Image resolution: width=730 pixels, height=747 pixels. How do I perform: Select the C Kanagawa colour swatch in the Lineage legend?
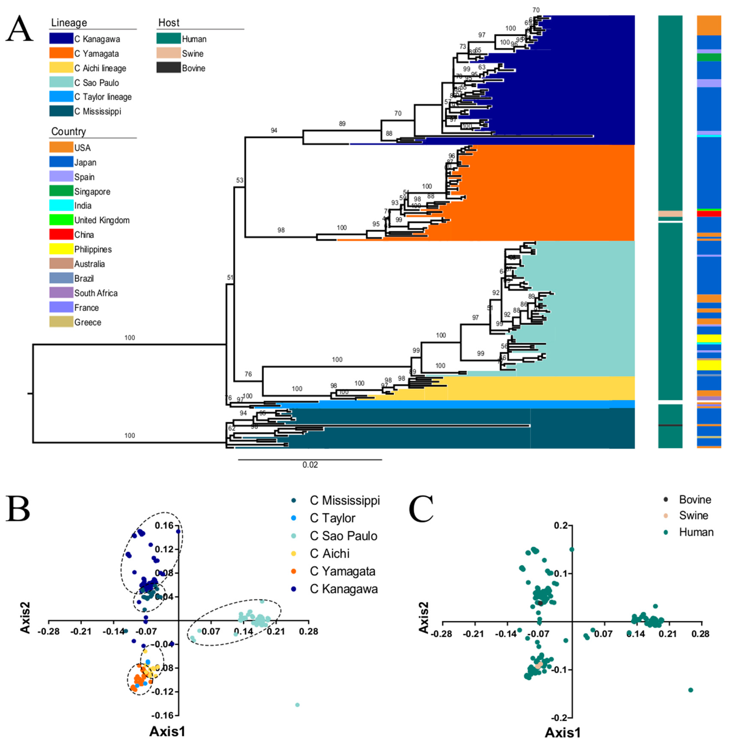click(61, 39)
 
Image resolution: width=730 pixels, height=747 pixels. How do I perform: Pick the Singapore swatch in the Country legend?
click(61, 191)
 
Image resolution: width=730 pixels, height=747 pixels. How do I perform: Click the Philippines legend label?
click(93, 250)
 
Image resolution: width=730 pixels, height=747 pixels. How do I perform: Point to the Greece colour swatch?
click(61, 322)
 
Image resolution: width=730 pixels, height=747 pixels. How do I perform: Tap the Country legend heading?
click(69, 131)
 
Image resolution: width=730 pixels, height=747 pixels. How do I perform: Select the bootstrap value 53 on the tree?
click(240, 180)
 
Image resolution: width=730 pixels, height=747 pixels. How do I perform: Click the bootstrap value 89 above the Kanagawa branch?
click(342, 124)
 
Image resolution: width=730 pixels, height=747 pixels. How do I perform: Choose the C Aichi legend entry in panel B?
click(330, 554)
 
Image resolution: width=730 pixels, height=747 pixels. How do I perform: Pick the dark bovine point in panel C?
click(540, 603)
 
